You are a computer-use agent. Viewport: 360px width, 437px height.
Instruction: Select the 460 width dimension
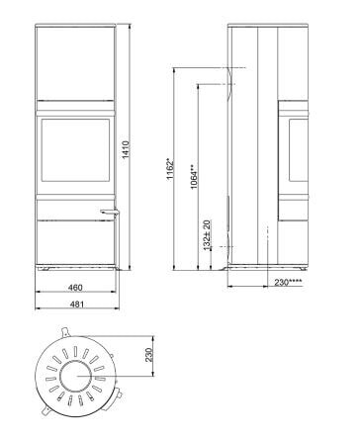(x=76, y=288)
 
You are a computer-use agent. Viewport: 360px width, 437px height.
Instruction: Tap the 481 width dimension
(x=76, y=304)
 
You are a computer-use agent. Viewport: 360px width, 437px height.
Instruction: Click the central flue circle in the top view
(x=76, y=378)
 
